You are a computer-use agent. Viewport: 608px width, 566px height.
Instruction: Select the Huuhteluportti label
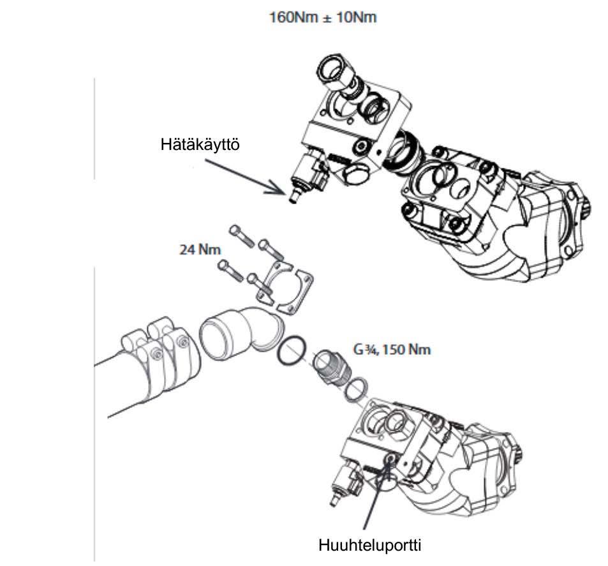(x=371, y=546)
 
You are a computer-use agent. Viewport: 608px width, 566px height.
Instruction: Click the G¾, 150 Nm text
(x=392, y=350)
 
